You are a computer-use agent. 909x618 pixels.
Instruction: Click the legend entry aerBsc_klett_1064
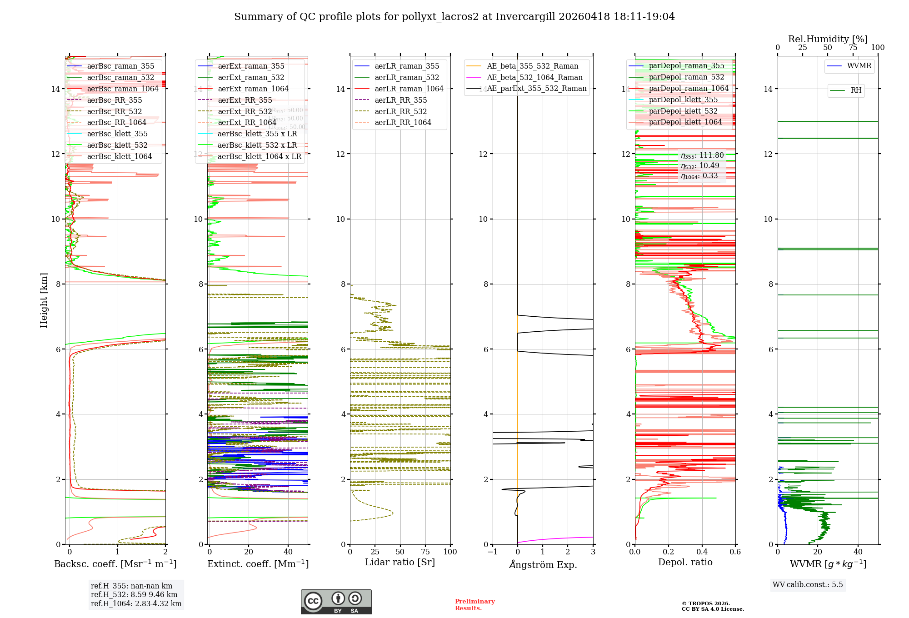coord(120,156)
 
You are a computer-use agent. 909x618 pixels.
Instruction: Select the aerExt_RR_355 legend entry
coord(245,100)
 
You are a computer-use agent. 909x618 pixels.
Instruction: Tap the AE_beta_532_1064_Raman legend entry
coord(534,77)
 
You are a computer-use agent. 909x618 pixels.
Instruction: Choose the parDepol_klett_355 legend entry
coord(683,100)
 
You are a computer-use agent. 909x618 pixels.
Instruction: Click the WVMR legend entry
coord(859,66)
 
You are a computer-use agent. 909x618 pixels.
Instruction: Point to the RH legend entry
coord(856,90)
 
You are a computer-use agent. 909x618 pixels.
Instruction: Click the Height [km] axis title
coord(44,300)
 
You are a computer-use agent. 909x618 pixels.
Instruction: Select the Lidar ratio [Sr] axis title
coord(400,562)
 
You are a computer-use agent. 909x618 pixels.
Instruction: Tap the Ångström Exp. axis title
coord(543,564)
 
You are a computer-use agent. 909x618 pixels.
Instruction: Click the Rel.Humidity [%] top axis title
coord(828,39)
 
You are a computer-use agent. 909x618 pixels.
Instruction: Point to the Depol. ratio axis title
coord(685,562)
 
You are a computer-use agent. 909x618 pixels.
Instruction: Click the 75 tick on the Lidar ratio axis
coord(425,552)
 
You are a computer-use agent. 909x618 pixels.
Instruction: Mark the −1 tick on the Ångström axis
coord(492,552)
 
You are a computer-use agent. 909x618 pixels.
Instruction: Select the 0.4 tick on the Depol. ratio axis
coord(702,552)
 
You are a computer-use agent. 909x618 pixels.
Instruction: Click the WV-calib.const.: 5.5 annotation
coord(808,584)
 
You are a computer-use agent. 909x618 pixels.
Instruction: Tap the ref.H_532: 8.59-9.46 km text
coord(134,594)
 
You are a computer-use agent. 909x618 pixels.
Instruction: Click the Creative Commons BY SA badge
coord(336,602)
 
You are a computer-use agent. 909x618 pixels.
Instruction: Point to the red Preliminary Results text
coord(474,604)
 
